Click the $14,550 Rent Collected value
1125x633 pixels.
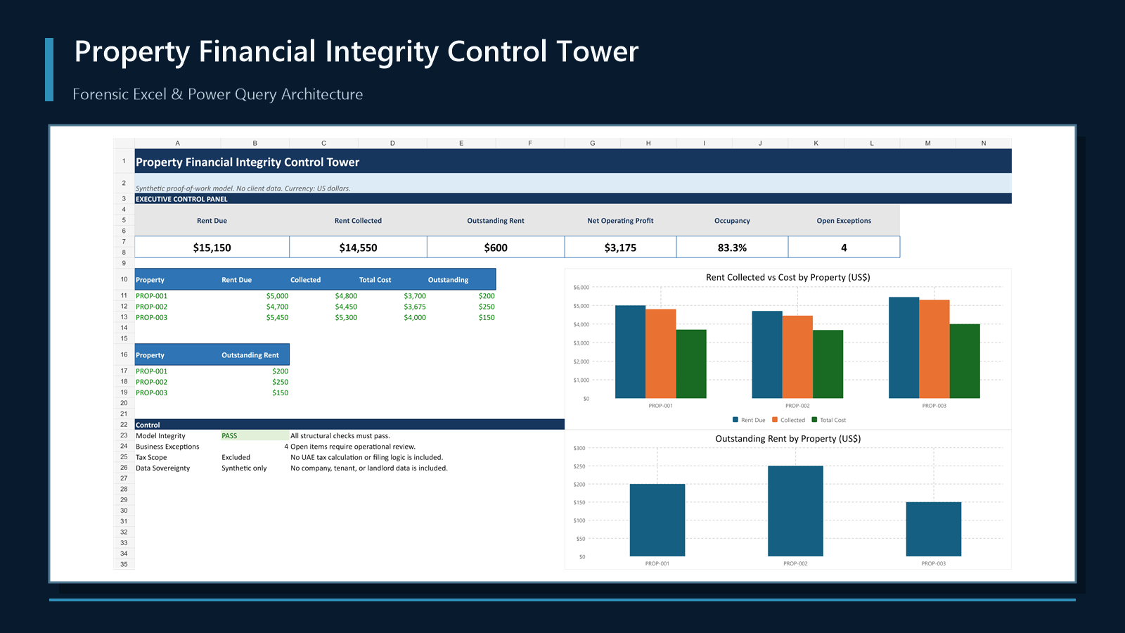[x=358, y=248]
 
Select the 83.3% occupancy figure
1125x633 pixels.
[x=732, y=248]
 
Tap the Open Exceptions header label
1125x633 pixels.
[x=844, y=221]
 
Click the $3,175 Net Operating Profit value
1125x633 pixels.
[x=620, y=248]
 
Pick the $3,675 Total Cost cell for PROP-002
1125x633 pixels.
[x=415, y=307]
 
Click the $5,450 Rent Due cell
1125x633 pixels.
[x=277, y=317]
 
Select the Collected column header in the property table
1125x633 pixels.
[x=305, y=280]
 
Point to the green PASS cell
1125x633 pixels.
[x=255, y=435]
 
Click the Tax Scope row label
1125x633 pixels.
[x=151, y=457]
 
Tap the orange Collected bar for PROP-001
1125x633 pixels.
[x=660, y=354]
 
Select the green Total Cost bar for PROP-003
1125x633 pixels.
[x=964, y=362]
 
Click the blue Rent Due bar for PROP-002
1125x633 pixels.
[x=767, y=354]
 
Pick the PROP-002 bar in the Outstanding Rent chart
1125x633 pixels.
[x=795, y=511]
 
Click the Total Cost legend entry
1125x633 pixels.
[x=829, y=420]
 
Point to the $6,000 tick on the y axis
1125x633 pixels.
[x=581, y=288]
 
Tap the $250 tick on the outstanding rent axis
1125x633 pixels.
[x=579, y=466]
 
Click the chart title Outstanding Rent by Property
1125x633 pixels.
[x=788, y=439]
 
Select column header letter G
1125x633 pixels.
[x=593, y=143]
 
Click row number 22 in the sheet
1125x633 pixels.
[x=124, y=425]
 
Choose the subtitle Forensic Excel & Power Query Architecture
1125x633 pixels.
[x=217, y=94]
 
